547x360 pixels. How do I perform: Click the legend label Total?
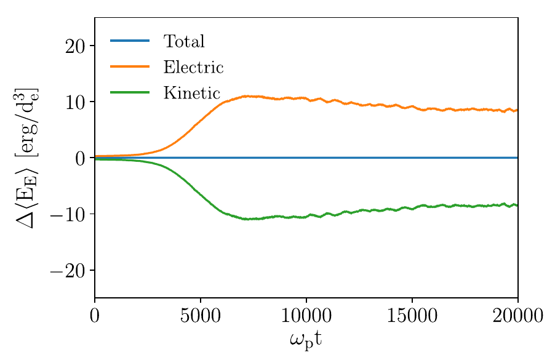pyautogui.click(x=183, y=41)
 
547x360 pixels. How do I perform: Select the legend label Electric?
pyautogui.click(x=193, y=66)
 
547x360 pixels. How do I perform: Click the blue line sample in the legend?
pyautogui.click(x=130, y=41)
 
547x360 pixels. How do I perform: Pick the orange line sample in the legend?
pyautogui.click(x=130, y=66)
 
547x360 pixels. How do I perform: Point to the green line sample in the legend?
pyautogui.click(x=130, y=92)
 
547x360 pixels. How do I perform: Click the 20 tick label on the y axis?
pyautogui.click(x=75, y=46)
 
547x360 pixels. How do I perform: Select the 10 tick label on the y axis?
pyautogui.click(x=75, y=102)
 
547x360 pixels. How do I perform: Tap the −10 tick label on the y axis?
pyautogui.click(x=70, y=215)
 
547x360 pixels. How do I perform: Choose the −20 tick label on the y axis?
pyautogui.click(x=70, y=271)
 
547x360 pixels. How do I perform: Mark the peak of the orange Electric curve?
pyautogui.click(x=246, y=96)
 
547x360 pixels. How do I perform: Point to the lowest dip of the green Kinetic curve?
pyautogui.click(x=246, y=219)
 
